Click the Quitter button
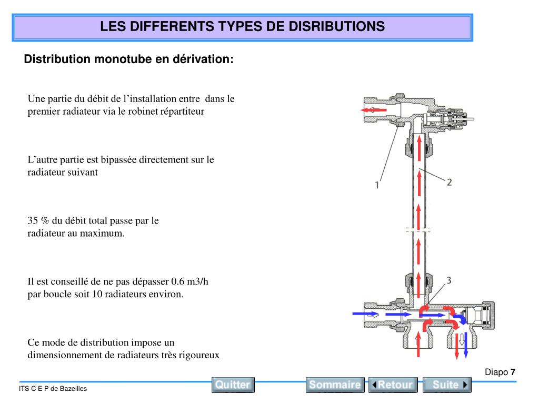[233, 385]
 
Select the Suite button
[447, 385]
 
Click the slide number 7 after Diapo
[513, 372]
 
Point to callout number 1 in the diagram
[377, 185]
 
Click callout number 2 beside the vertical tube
[449, 183]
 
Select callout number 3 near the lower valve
[448, 280]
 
